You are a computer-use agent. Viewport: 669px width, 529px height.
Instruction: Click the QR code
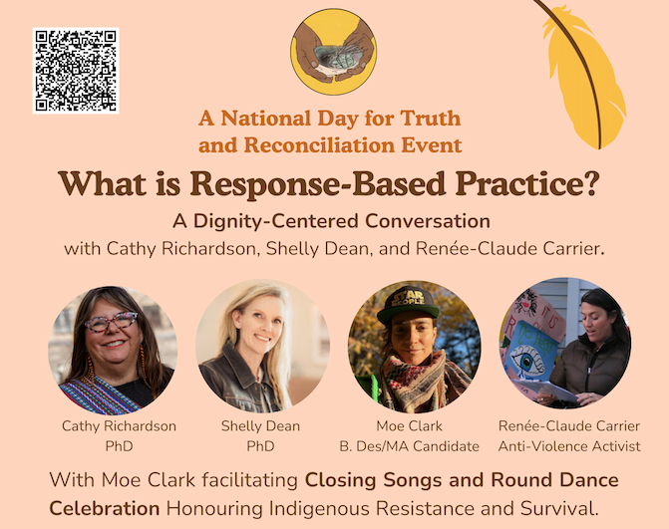(76, 71)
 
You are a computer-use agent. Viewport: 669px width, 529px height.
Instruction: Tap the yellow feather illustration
(582, 75)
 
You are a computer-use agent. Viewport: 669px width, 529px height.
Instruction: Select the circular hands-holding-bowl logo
(334, 52)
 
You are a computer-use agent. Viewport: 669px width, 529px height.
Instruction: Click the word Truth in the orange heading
(431, 119)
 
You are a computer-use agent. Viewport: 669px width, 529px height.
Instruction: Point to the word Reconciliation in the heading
(319, 144)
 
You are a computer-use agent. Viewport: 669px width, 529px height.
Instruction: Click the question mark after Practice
(591, 183)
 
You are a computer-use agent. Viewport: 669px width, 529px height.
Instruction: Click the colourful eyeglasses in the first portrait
(111, 322)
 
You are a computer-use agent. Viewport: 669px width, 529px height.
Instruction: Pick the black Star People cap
(408, 304)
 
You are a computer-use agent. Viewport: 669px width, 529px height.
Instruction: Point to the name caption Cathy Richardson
(119, 425)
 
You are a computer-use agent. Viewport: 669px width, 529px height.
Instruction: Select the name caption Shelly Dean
(260, 425)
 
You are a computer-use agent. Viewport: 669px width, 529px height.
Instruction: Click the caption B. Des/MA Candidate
(409, 446)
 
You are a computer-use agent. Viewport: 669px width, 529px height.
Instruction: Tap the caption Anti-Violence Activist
(569, 446)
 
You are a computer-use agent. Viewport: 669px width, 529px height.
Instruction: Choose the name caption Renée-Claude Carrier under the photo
(569, 425)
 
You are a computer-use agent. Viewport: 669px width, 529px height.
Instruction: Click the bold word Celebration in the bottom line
(105, 508)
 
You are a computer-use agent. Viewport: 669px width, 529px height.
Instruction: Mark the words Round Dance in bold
(554, 480)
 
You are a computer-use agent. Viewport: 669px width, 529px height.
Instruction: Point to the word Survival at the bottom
(559, 508)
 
